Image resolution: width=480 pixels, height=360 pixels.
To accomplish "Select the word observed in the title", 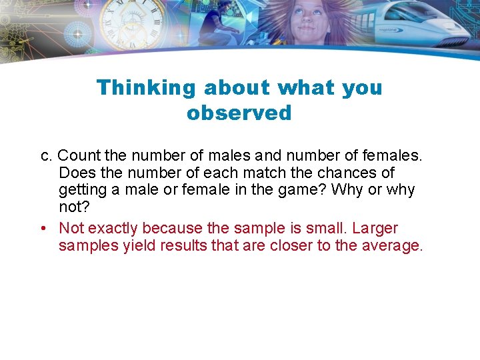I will (x=239, y=113).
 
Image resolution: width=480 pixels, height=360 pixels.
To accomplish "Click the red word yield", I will (x=134, y=246).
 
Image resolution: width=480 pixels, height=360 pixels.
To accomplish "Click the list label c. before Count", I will (x=47, y=156).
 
